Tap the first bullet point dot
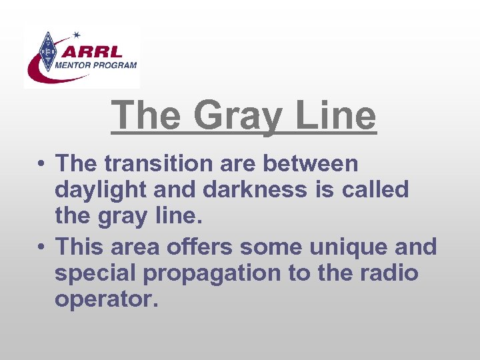click(41, 163)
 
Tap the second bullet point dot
click(41, 247)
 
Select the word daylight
click(100, 191)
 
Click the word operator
click(107, 300)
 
